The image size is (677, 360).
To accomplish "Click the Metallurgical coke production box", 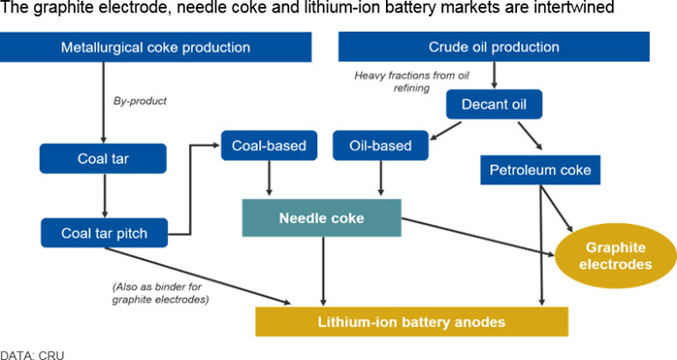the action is tap(155, 48).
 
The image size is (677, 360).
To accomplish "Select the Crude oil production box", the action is tap(494, 47).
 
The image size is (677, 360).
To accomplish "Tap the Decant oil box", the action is tap(494, 104).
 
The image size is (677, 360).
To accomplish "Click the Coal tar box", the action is tap(103, 158).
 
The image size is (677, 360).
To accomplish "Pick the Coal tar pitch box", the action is tap(104, 233).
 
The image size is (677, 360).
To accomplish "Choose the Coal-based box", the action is tap(269, 146).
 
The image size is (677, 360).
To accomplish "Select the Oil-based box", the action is tap(380, 146).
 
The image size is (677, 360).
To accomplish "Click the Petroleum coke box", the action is tap(540, 170).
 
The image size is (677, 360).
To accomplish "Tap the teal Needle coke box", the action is tap(322, 217).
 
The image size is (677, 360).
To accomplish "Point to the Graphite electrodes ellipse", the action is tap(615, 256).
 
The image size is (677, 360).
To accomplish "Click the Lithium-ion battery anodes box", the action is tap(411, 322).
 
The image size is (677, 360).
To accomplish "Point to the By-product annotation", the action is tap(140, 101).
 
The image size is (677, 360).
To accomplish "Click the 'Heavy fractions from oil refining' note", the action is tap(411, 82).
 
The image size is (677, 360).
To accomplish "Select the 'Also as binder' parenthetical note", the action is tap(160, 293).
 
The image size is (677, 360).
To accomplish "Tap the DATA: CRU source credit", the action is tap(32, 355).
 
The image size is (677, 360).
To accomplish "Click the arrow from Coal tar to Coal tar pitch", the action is tap(104, 196).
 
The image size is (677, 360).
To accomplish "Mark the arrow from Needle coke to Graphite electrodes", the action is tap(478, 238).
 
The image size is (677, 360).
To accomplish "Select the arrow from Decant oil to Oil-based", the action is tap(445, 131).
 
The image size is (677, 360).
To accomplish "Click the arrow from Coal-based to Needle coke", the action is tap(269, 178).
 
